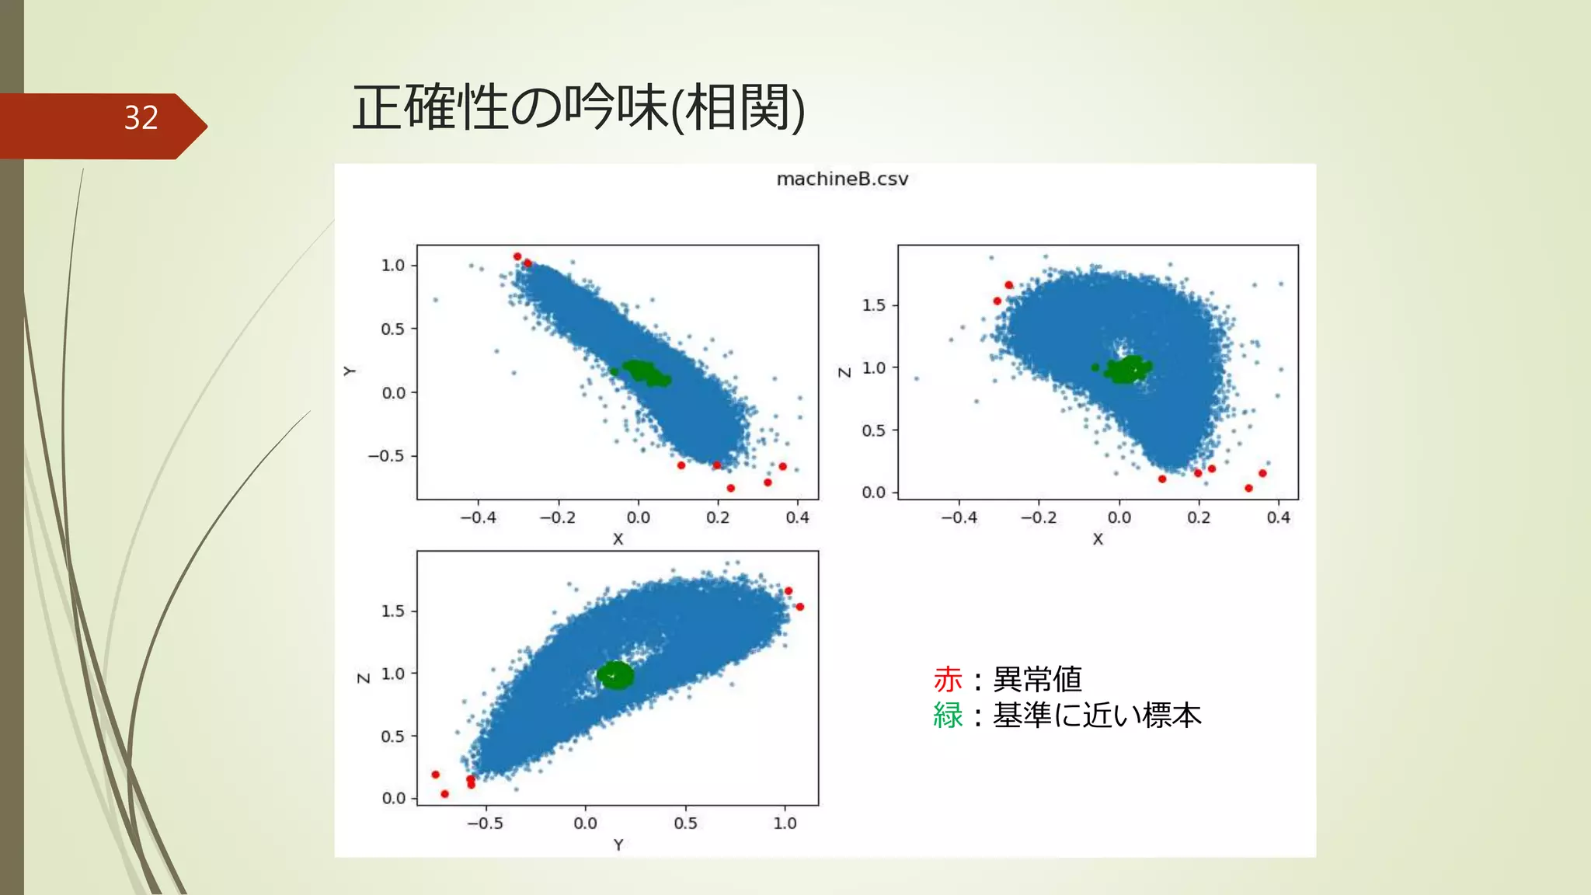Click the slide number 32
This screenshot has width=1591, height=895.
point(141,118)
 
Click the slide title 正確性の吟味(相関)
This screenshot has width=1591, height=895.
point(578,107)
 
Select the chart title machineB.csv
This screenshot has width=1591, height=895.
point(842,179)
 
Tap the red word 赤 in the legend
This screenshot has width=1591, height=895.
point(948,680)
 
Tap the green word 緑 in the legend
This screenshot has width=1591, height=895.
point(948,716)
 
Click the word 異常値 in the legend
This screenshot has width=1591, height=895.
point(1037,680)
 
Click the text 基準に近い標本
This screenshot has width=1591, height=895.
point(1097,716)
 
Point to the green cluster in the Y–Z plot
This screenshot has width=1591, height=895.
point(615,675)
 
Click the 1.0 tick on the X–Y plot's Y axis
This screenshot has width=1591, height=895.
point(393,266)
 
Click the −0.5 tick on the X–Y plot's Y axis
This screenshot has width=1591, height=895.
point(387,456)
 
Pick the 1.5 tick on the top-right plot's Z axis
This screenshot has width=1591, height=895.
point(874,305)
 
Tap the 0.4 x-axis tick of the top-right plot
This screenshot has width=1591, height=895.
point(1278,517)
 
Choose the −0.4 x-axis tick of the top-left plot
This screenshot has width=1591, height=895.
point(478,517)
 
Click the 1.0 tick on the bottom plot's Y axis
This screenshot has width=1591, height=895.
point(785,824)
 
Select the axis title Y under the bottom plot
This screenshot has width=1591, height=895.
point(618,845)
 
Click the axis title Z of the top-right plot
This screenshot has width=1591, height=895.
point(844,372)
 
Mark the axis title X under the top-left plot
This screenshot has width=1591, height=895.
point(618,539)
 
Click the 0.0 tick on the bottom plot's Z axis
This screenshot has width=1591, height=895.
point(394,799)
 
